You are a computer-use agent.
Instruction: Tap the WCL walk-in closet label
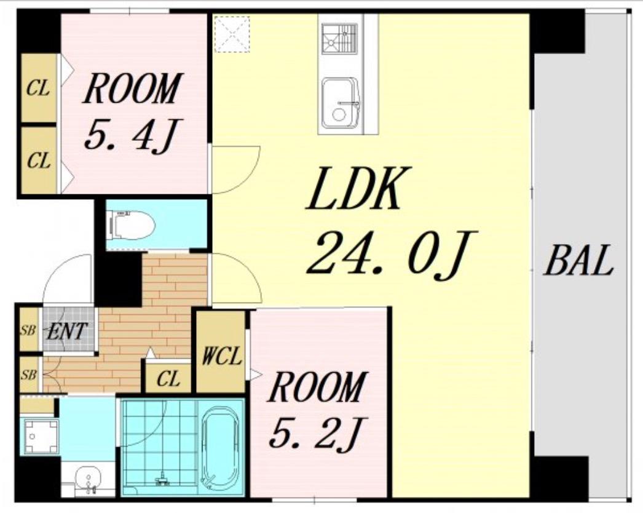221,356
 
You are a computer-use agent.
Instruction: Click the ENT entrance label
67,331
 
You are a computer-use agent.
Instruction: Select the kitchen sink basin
341,103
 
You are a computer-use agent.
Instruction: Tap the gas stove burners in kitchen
339,39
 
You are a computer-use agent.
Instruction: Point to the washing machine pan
39,436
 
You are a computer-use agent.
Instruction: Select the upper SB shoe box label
28,330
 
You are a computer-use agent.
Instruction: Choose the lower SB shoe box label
29,375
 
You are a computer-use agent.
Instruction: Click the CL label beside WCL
168,379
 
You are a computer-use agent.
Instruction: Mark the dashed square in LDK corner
232,34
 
